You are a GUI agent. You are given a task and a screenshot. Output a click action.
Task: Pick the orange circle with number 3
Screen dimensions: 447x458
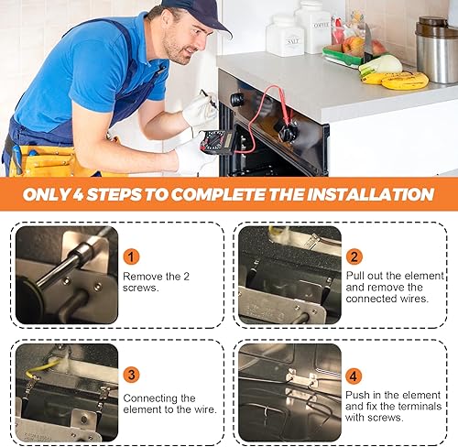coord(132,375)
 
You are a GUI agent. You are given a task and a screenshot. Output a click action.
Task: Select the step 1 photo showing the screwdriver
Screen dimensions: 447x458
coord(66,275)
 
